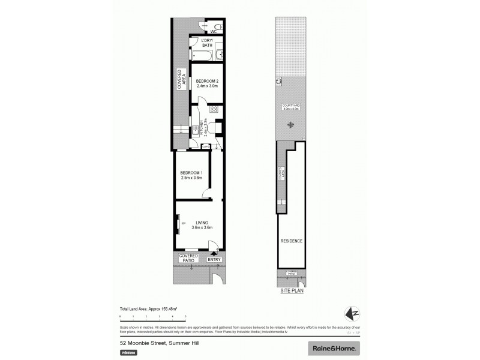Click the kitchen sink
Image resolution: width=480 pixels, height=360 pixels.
click(196, 127)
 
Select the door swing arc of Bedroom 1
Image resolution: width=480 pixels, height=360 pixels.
click(206, 192)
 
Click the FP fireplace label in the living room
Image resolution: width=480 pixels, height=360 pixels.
click(184, 224)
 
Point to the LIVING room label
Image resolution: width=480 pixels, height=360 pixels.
click(202, 224)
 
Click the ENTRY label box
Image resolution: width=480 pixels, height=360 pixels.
click(214, 260)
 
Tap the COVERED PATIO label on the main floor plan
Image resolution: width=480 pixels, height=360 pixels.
click(188, 258)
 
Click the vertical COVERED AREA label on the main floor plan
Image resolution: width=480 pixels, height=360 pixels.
click(179, 80)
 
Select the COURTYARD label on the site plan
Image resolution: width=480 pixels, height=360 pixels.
click(291, 108)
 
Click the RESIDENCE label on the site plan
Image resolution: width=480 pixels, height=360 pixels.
click(291, 241)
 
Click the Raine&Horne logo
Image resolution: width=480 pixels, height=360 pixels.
click(333, 347)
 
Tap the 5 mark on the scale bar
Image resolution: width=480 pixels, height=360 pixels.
click(185, 316)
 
